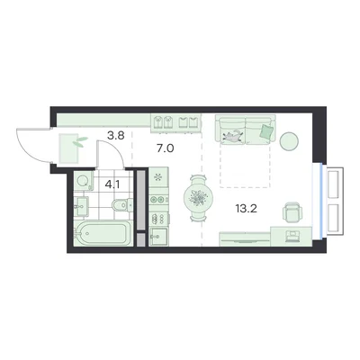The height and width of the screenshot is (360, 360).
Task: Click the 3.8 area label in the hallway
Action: click(x=116, y=136)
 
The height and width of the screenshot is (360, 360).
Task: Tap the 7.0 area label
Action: click(x=166, y=148)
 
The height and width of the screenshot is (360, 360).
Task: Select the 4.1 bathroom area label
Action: click(x=112, y=184)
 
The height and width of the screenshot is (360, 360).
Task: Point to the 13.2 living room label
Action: click(x=247, y=209)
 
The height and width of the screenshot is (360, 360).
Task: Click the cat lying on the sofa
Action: click(x=233, y=136)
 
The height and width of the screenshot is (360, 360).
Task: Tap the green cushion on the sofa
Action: click(x=266, y=131)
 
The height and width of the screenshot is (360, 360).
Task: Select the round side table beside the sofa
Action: click(x=289, y=140)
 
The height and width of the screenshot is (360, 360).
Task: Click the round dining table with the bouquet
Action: click(x=199, y=198)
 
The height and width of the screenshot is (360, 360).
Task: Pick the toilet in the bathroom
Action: click(x=122, y=205)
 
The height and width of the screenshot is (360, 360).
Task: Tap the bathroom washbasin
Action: click(x=81, y=206)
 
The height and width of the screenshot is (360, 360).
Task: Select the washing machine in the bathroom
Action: click(x=83, y=181)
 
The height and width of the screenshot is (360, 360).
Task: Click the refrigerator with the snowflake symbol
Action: click(x=158, y=177)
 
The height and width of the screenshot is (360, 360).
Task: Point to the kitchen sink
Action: click(x=158, y=237)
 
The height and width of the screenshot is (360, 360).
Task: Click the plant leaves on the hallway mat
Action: click(x=80, y=141)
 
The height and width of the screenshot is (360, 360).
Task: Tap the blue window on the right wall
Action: click(x=321, y=201)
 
